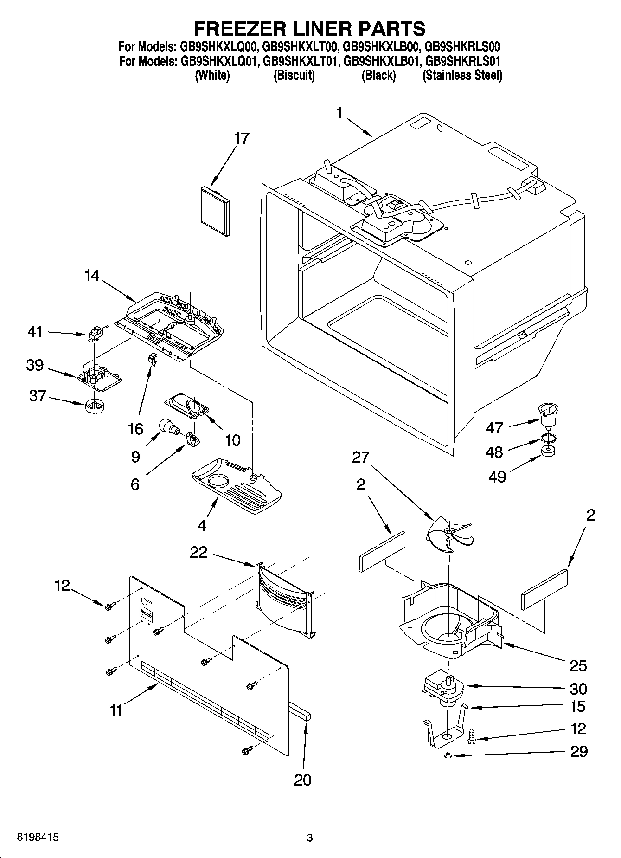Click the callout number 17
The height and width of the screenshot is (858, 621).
242,138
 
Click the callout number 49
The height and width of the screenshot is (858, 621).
498,476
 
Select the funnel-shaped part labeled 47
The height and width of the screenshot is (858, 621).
548,414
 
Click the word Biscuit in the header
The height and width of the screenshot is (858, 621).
294,75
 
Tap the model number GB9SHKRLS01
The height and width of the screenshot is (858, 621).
463,61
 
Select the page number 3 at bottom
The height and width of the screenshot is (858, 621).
310,838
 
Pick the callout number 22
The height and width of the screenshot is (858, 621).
198,552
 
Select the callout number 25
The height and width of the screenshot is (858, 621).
578,666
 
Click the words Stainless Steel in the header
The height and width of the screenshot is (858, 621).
462,75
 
